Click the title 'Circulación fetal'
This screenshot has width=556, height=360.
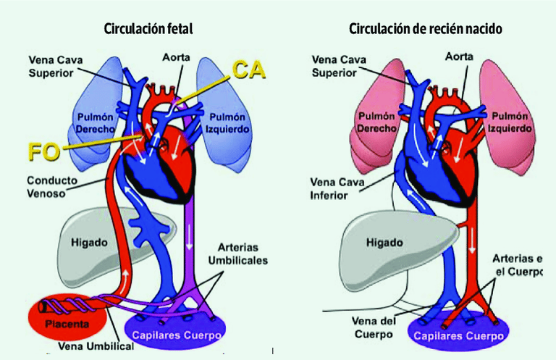click(148, 29)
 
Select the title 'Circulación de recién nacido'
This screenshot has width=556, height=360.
click(426, 29)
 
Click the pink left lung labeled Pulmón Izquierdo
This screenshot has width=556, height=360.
click(509, 120)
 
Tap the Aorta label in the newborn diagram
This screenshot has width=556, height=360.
click(460, 56)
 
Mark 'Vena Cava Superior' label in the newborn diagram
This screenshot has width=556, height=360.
click(334, 66)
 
